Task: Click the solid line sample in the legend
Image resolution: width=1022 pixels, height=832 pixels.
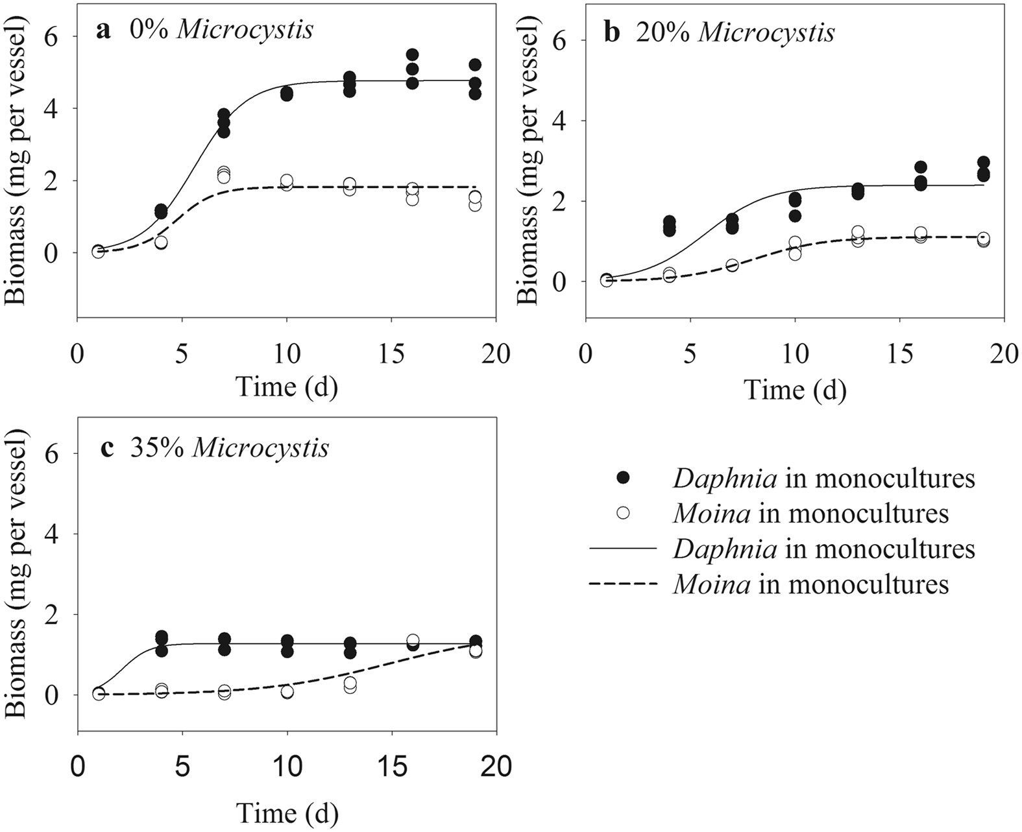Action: coord(623,549)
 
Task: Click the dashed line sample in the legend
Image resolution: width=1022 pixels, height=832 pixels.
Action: coord(623,584)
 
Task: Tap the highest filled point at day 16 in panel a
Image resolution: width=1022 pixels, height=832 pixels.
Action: coord(412,54)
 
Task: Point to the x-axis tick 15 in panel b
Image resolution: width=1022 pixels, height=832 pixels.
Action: coord(899,355)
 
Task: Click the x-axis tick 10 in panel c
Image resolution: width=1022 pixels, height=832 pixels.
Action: coord(287,767)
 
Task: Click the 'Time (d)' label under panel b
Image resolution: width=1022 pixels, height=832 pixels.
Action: coord(795,390)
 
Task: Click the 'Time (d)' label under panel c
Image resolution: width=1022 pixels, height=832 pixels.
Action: coord(287,813)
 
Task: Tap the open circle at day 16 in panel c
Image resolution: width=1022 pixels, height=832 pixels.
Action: coord(413,641)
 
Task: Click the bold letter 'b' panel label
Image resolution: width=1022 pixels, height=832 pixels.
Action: coord(612,32)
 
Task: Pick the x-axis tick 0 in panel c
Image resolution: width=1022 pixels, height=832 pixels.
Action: coord(78,767)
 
